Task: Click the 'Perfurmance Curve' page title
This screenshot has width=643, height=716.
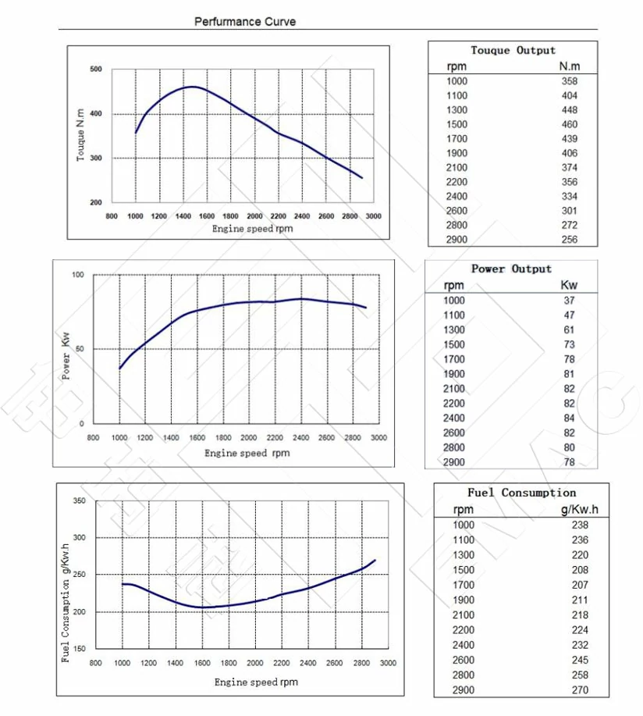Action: [x=245, y=22]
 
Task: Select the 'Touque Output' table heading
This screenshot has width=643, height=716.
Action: [x=513, y=51]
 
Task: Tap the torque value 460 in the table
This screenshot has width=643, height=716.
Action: [x=569, y=124]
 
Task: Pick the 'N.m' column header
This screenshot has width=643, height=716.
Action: [x=569, y=66]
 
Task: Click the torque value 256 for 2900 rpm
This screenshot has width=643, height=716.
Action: [x=569, y=240]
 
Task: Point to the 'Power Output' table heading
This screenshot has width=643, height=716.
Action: [x=511, y=269]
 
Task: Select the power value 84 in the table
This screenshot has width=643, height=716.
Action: [x=569, y=418]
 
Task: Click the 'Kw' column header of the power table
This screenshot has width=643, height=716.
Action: [x=569, y=285]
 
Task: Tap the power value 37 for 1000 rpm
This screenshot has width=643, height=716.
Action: [x=569, y=301]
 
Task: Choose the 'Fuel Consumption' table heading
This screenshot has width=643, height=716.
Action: [x=521, y=493]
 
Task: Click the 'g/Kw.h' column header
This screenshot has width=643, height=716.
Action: [x=579, y=509]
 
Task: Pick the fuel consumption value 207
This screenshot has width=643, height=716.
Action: [x=579, y=585]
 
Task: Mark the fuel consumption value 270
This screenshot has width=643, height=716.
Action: [x=579, y=690]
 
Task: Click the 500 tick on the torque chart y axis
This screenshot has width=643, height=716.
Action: [x=95, y=69]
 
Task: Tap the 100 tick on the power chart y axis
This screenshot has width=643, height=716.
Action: [x=77, y=275]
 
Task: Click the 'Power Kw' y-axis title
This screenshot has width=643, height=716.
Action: [x=66, y=355]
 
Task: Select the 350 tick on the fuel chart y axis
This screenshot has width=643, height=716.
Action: [x=79, y=500]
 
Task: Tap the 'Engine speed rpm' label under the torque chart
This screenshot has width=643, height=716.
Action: [x=252, y=229]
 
